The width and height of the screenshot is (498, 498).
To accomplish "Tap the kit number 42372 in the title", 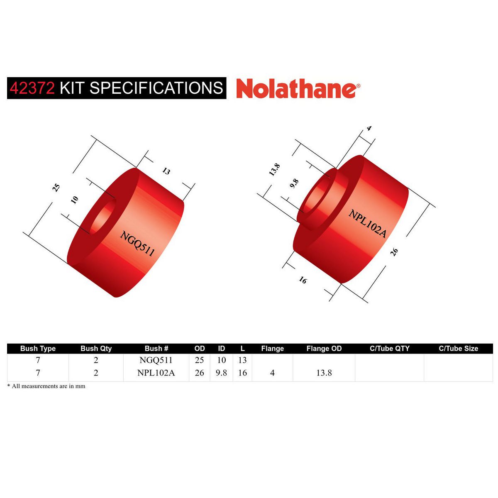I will tap(32, 88).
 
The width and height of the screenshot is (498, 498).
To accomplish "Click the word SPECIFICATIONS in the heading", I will tap(156, 88).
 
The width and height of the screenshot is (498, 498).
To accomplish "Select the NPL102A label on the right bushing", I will tap(367, 224).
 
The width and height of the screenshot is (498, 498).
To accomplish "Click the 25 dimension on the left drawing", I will tap(56, 188).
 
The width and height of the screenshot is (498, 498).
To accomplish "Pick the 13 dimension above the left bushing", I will tap(166, 171).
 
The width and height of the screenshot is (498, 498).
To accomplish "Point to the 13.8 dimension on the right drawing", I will tap(274, 169).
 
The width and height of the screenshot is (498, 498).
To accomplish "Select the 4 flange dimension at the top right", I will tap(369, 128).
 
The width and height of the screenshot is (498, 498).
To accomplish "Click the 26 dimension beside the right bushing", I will tap(394, 251).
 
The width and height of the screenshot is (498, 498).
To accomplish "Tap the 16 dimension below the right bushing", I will tap(303, 281).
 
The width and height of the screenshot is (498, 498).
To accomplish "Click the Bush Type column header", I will tap(38, 349).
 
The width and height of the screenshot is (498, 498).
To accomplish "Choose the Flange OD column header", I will tap(324, 349).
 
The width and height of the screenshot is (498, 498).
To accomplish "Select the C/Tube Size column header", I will tap(458, 349).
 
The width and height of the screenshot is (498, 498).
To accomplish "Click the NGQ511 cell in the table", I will tap(156, 360).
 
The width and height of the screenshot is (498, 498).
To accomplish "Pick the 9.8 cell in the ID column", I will tap(221, 373).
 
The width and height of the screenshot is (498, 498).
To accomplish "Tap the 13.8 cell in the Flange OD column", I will tap(324, 373).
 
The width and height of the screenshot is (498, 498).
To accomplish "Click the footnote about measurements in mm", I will tap(46, 386).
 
